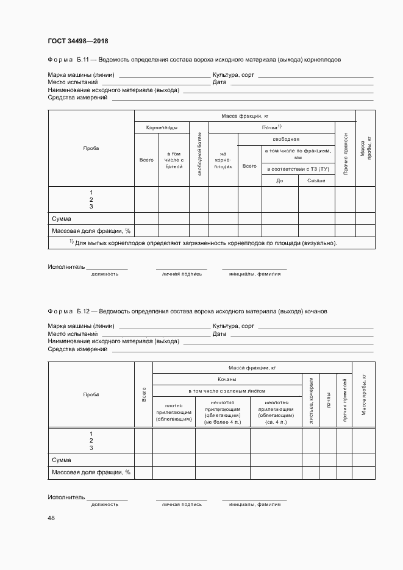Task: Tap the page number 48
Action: click(x=51, y=518)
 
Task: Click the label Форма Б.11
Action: click(x=68, y=60)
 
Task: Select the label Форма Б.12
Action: click(x=68, y=311)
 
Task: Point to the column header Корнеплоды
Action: click(x=162, y=127)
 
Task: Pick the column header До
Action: click(x=280, y=180)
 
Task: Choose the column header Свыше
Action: click(x=316, y=180)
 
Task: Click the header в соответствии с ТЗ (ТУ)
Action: click(x=298, y=168)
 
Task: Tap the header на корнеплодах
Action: click(x=223, y=160)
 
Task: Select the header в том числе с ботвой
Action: click(x=174, y=160)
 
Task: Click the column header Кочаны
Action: click(x=227, y=379)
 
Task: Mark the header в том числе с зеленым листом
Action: click(x=227, y=391)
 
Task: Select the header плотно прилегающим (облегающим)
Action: click(x=174, y=412)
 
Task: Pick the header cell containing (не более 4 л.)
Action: click(x=222, y=412)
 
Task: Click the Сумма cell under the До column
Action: click(x=280, y=219)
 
